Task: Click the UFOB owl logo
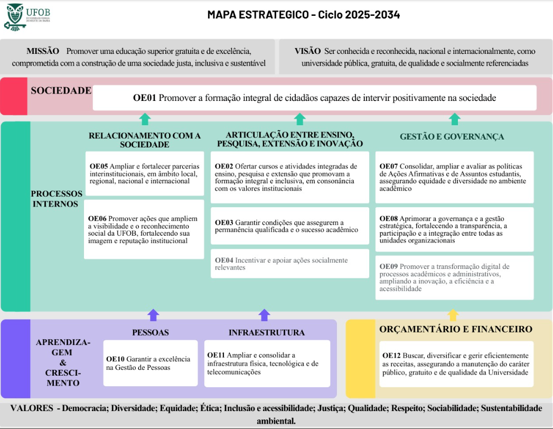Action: point(14,16)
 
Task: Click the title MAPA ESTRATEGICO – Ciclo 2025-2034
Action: point(303,15)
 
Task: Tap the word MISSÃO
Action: point(43,51)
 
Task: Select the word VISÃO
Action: point(307,51)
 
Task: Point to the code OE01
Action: point(144,98)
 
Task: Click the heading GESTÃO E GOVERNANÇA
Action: point(452,137)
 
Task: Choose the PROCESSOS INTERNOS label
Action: point(57,199)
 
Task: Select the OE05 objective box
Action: point(144,174)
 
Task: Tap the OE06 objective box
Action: point(144,229)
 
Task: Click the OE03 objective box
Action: point(289,226)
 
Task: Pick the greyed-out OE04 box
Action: point(289,264)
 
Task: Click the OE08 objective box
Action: point(454,229)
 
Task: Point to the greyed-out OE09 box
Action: point(454,277)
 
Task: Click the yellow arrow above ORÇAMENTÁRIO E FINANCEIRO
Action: point(453,315)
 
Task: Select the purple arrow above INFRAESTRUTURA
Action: point(265,315)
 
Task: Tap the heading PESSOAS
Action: point(151,333)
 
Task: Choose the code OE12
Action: point(391,356)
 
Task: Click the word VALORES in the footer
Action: point(31,408)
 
